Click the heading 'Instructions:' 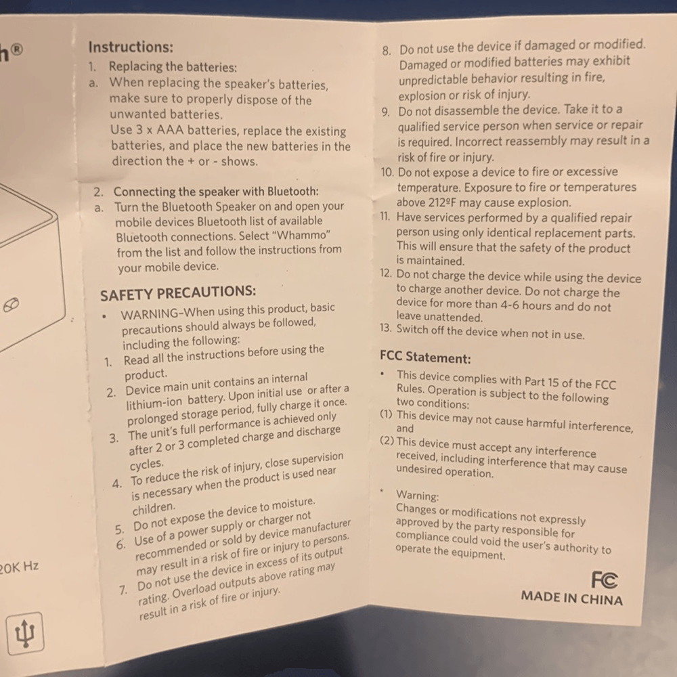(131, 47)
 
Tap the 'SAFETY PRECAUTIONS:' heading (178, 292)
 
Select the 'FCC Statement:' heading (425, 357)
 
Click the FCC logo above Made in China (605, 580)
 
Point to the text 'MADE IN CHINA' (571, 598)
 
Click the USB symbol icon (25, 634)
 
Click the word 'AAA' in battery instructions (170, 129)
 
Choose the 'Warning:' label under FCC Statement (417, 495)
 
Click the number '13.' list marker (386, 328)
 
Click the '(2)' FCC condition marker (387, 441)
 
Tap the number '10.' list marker (387, 172)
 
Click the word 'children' (153, 508)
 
